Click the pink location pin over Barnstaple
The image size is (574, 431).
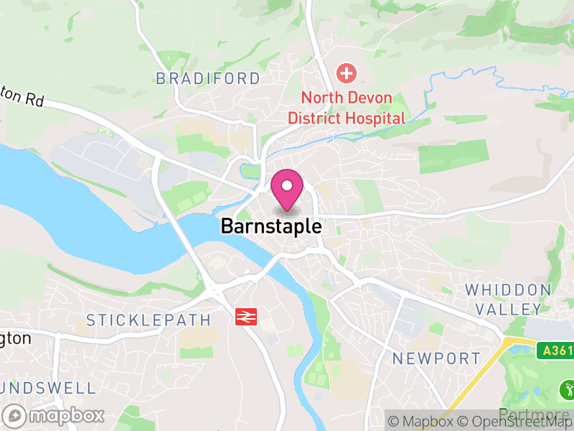click(287, 188)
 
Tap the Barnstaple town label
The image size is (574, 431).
click(270, 226)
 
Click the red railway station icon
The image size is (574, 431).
click(246, 316)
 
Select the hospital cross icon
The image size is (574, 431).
click(347, 73)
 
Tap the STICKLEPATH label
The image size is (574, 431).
click(149, 320)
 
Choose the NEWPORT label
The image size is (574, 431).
click(436, 358)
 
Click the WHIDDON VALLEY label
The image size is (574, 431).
click(508, 300)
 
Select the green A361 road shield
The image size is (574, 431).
click(555, 351)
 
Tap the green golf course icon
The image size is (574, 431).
click(567, 391)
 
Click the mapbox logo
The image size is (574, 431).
click(54, 415)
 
